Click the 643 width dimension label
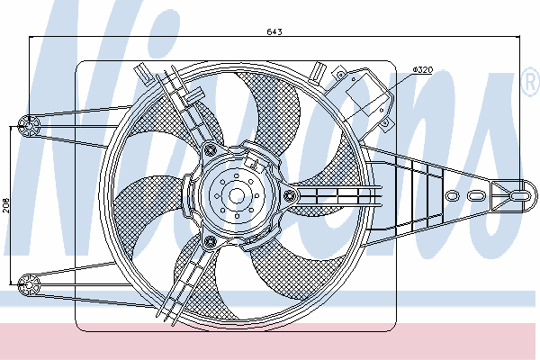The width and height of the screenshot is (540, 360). [274, 31]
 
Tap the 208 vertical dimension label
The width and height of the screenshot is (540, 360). [6, 205]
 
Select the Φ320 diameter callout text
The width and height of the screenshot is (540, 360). [423, 70]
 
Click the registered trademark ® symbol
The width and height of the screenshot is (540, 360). [531, 82]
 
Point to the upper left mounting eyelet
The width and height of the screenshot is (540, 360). [29, 126]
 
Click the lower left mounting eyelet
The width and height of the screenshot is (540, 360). [29, 285]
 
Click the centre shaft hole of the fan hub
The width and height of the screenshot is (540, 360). [237, 196]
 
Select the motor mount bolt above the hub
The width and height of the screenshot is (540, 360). [210, 149]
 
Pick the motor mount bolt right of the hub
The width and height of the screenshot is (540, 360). [290, 196]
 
